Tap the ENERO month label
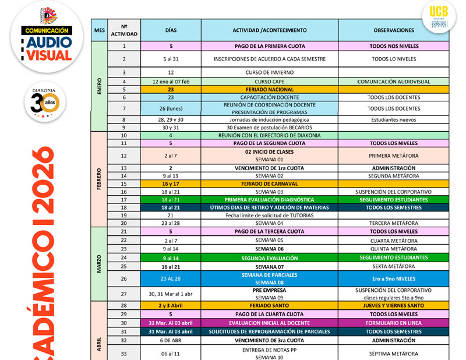[99, 86]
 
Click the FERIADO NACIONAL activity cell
[269, 90]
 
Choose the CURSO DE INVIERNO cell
[269, 72]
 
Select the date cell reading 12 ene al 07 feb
[170, 82]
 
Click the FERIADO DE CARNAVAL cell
[269, 183]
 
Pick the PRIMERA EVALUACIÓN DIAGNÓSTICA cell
[269, 200]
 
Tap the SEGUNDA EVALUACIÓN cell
[269, 257]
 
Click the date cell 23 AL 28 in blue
[170, 278]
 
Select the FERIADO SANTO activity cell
[269, 305]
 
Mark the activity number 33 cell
[124, 353]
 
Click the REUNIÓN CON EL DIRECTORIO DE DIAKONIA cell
[269, 135]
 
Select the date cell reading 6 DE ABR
[170, 340]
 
